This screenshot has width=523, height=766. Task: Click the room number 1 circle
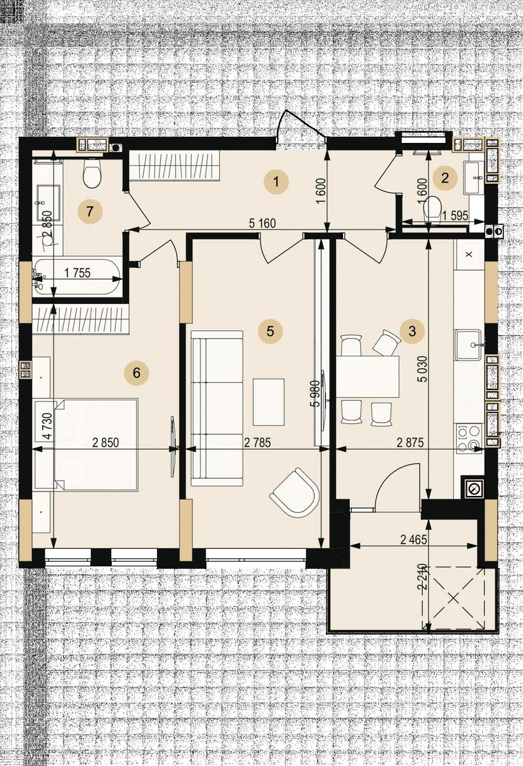click(277, 181)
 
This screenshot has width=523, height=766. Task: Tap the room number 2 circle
click(444, 178)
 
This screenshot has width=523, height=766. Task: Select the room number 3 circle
click(412, 331)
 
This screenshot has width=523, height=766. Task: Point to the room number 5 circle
click(270, 331)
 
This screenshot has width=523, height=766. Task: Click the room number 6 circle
click(137, 372)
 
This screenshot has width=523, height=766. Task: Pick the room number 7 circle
click(89, 212)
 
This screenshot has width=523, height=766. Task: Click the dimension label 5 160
click(262, 223)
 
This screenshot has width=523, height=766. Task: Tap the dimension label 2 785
click(257, 442)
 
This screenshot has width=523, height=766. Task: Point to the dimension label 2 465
click(414, 539)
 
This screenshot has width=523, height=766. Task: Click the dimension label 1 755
click(78, 273)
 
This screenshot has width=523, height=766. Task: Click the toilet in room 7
click(92, 174)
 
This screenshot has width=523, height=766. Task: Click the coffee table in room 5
click(268, 402)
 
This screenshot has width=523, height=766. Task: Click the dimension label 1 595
click(455, 216)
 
